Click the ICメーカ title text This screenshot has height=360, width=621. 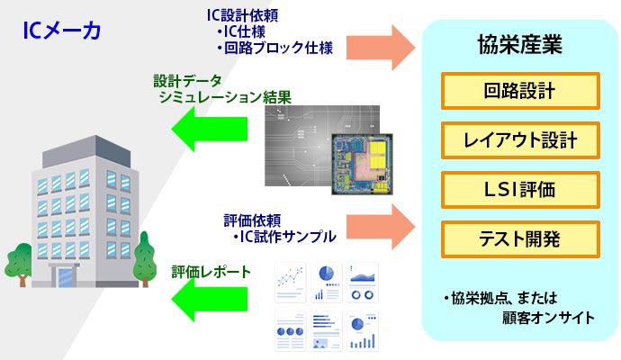click(62, 31)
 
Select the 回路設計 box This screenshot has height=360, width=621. click(520, 91)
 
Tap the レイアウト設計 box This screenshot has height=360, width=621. click(520, 140)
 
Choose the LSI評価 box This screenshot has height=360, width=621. click(520, 190)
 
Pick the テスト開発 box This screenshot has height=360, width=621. click(520, 239)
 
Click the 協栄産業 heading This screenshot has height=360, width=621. click(520, 44)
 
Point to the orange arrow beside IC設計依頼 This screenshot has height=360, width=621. click(381, 48)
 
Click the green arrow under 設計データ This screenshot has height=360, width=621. click(210, 129)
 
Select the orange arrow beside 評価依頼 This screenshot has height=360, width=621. click(381, 227)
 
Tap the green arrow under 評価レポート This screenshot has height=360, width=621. click(210, 299)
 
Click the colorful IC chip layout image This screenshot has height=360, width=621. click(363, 164)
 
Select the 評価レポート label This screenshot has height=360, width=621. click(211, 271)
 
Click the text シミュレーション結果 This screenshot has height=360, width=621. click(225, 97)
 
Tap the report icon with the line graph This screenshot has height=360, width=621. click(291, 283)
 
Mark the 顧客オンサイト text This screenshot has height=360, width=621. click(548, 318)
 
